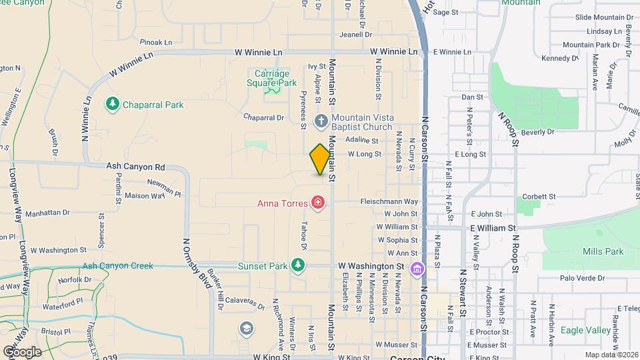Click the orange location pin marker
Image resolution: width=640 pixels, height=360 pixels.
click(321, 159)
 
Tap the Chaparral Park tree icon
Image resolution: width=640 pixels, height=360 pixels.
click(112, 104)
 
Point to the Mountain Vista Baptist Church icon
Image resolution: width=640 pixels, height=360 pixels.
click(321, 121)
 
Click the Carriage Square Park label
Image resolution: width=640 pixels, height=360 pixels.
click(271, 78)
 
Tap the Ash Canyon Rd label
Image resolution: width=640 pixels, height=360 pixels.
click(135, 166)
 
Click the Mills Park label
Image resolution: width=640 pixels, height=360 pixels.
click(603, 251)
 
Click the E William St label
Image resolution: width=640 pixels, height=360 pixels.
click(494, 227)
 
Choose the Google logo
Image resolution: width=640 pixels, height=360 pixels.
click(22, 351)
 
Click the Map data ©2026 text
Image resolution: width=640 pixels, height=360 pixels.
click(611, 355)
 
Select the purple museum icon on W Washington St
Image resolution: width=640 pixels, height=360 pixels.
click(417, 269)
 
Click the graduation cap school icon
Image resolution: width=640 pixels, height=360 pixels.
click(247, 328)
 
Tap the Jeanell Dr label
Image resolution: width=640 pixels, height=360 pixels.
click(354, 35)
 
